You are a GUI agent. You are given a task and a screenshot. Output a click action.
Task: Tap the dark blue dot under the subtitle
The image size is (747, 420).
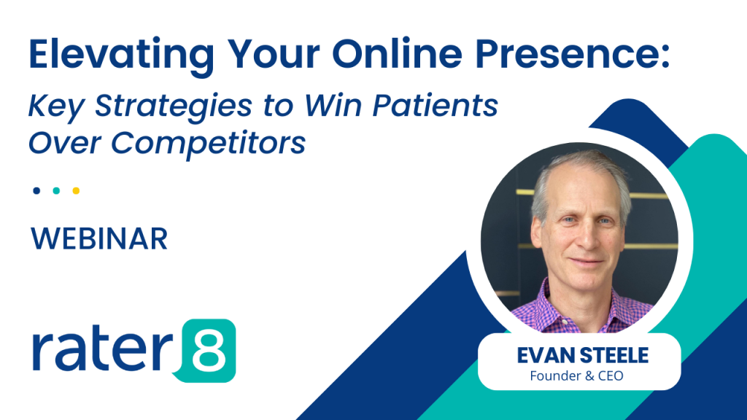[36, 191]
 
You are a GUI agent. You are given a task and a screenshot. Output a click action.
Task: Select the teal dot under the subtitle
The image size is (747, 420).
[56, 191]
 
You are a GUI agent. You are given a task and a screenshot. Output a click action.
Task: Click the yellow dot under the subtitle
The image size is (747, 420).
[76, 191]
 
